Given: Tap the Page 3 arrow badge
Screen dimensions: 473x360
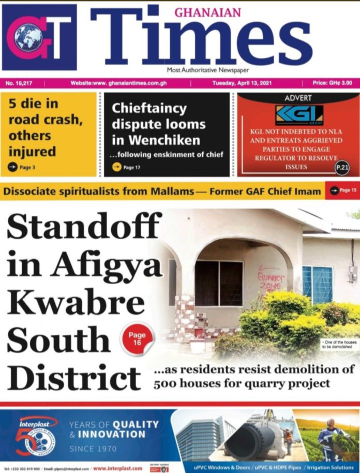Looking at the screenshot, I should (x=22, y=167).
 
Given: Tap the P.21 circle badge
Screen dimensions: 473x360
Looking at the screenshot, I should (x=342, y=167).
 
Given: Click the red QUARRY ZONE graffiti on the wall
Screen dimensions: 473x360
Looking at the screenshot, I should (x=271, y=280).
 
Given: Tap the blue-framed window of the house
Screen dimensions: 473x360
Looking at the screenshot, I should (x=317, y=285).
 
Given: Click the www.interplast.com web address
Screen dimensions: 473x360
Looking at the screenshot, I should (x=117, y=468).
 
